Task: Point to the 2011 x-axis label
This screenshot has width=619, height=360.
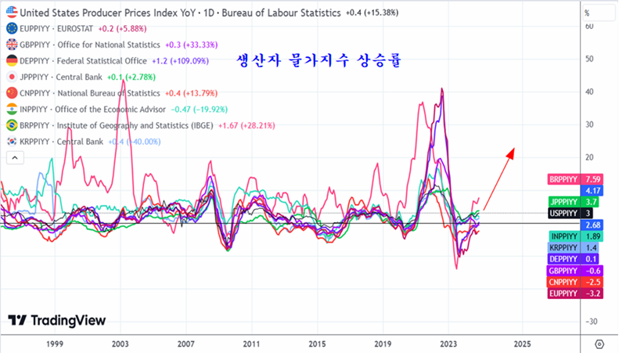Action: tap(250, 344)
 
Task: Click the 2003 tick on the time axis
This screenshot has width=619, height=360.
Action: tap(120, 344)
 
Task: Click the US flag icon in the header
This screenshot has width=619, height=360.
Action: tap(12, 13)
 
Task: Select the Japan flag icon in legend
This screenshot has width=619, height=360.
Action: tap(12, 77)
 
